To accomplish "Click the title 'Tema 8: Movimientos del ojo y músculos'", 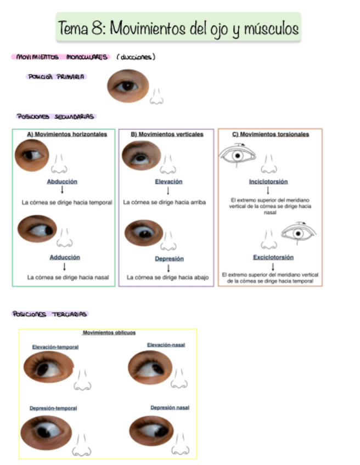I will (x=178, y=27).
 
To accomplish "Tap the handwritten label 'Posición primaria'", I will (x=57, y=77).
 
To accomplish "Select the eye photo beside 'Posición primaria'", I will (x=127, y=86).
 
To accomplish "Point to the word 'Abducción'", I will (x=62, y=182).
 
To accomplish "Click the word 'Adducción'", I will (x=65, y=257).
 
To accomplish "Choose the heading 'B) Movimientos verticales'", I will (x=167, y=134).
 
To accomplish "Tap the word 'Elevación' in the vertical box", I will (x=168, y=182).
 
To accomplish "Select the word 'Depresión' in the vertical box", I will (x=169, y=258).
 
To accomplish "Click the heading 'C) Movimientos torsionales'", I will (x=271, y=134).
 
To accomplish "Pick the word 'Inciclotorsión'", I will (x=268, y=182).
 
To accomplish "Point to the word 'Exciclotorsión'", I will (x=273, y=257).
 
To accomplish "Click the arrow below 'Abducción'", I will (x=62, y=190).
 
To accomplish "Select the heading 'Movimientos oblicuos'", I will (x=109, y=332).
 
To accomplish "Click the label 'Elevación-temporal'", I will (x=55, y=347).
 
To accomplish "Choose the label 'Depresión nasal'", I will (x=170, y=407).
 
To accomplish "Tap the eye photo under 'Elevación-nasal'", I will (x=150, y=367).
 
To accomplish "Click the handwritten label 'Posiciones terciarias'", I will (x=50, y=314).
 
